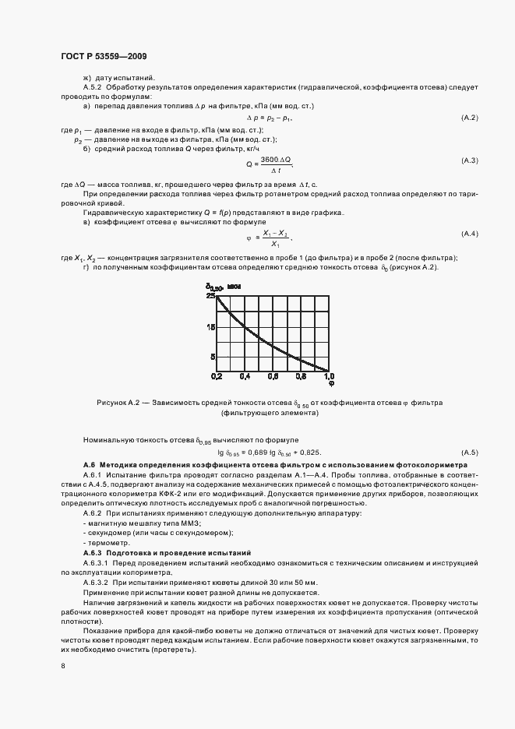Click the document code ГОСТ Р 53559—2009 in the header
104,57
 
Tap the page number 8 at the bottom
63,666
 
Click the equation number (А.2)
470,118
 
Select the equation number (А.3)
470,160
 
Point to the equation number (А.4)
470,234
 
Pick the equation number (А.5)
470,453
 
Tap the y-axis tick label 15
210,327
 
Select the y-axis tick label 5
212,357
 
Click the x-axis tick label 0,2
217,376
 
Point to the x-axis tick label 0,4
245,376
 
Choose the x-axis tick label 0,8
301,376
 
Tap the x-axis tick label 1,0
329,376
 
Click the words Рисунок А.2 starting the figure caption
120,403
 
